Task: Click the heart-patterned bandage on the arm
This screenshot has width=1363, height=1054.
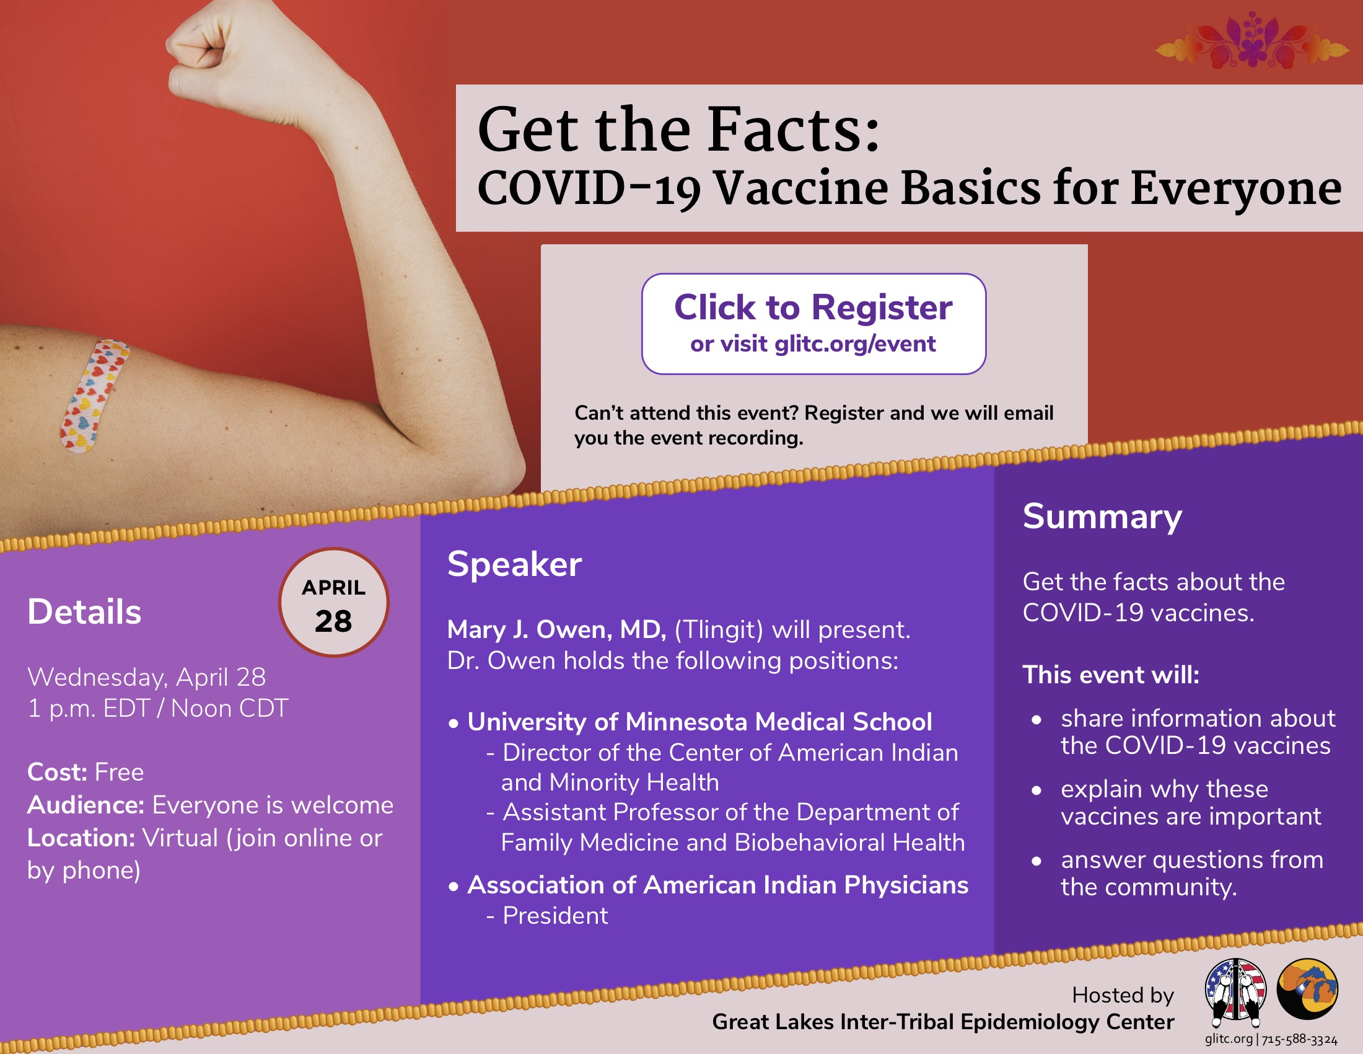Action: point(94,396)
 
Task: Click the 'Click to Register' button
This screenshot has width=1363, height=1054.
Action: point(814,324)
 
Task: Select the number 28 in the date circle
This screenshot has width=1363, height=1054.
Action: point(333,621)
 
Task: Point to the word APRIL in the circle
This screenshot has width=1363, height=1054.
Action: point(334,588)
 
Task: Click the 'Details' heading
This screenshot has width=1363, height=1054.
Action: point(84,611)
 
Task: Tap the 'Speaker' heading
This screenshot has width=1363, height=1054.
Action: point(515,564)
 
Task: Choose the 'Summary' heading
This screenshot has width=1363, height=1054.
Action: point(1102,517)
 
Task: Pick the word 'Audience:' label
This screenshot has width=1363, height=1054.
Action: point(86,805)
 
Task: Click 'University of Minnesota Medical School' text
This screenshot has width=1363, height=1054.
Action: point(699,722)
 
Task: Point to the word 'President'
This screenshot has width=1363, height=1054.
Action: point(556,915)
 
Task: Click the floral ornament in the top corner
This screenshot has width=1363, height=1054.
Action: point(1252,40)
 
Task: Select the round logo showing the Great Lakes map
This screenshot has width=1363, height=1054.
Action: point(1307,989)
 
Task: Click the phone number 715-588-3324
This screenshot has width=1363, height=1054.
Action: point(1299,1040)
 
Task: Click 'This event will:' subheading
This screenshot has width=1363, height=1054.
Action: point(1111,675)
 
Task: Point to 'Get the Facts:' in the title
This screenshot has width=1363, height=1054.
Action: point(678,129)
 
